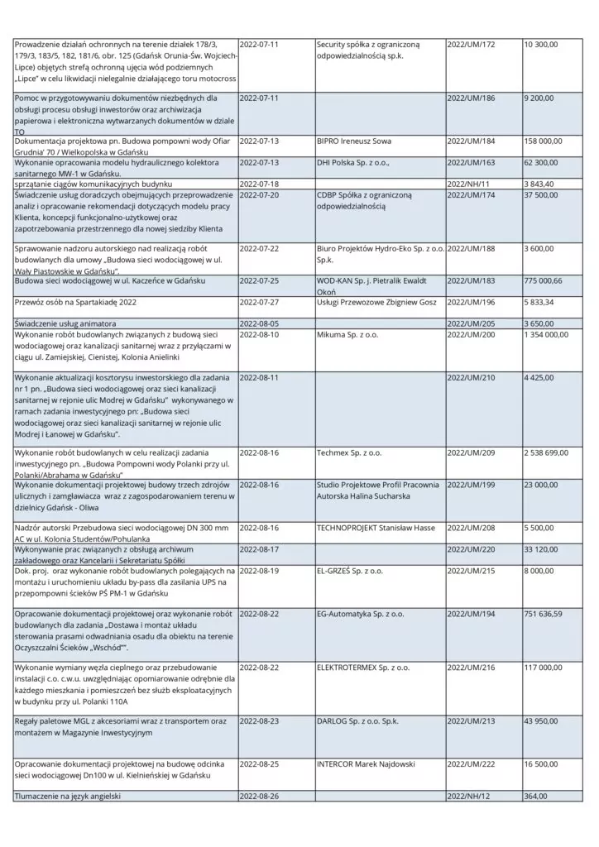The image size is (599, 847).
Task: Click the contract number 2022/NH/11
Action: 473,183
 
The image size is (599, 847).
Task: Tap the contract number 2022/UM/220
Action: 476,548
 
